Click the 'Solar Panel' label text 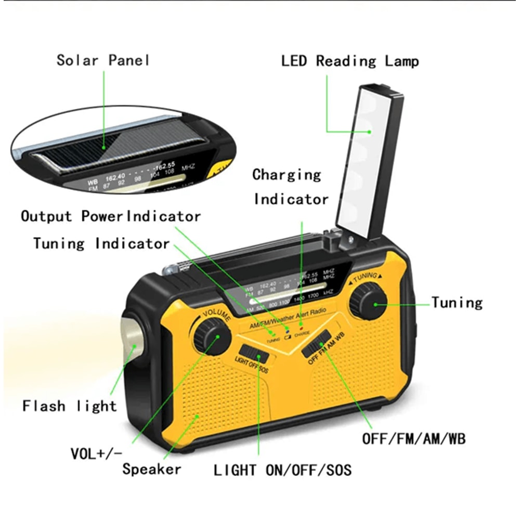(103, 60)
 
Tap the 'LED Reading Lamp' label (349, 61)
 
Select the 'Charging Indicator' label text (290, 187)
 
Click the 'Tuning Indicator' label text (101, 243)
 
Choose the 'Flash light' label (70, 406)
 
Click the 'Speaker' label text (152, 469)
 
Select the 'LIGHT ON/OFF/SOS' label (282, 471)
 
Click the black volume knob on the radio (212, 336)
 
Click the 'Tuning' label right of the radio (457, 303)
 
